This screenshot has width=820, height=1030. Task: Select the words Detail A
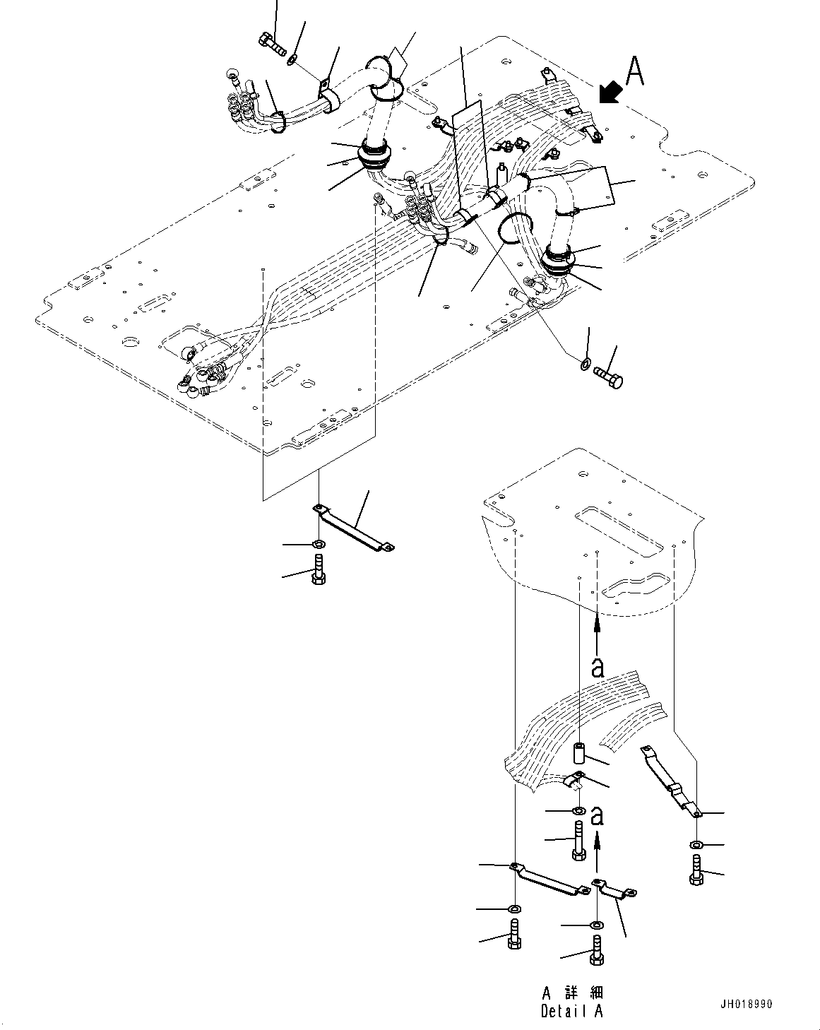[x=572, y=1012]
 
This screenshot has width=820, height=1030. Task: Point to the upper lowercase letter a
[x=598, y=666]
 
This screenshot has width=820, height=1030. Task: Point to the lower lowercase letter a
[x=598, y=817]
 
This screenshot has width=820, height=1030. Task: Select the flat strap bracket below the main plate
[x=354, y=528]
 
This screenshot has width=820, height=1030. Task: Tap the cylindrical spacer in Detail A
[x=578, y=754]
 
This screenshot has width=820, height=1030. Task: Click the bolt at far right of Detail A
[x=696, y=870]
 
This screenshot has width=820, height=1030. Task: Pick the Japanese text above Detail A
[x=572, y=992]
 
